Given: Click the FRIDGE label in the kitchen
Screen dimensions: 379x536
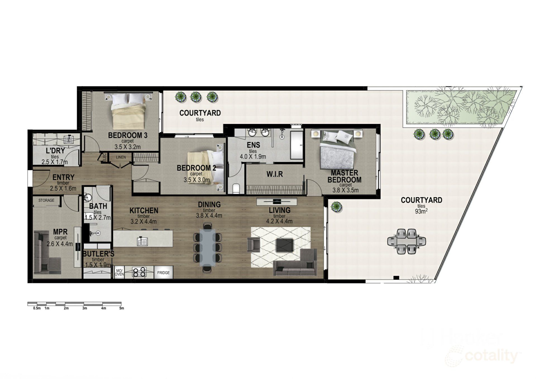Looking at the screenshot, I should (163, 273).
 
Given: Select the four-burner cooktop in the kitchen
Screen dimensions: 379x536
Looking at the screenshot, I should (139, 272).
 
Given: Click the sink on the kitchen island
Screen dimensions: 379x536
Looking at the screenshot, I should (142, 241).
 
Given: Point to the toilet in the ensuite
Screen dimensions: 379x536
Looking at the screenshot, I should (236, 189).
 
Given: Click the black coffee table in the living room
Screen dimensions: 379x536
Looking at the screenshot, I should (284, 245).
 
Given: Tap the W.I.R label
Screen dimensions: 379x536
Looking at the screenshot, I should (275, 174).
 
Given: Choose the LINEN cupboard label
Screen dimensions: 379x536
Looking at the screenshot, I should (121, 157).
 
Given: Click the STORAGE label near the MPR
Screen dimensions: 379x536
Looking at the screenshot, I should (46, 200).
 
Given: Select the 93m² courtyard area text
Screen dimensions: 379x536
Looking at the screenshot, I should (421, 211).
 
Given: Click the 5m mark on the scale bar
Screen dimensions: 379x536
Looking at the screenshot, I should (121, 308).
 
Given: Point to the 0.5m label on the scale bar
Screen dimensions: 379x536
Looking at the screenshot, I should (37, 308).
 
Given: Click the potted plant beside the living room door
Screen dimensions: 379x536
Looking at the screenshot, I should (336, 207).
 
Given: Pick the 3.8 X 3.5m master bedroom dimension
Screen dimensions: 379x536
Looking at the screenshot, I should (345, 190).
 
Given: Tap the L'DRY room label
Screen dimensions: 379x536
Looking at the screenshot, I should (55, 151).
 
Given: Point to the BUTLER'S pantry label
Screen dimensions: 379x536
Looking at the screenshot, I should (98, 254).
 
